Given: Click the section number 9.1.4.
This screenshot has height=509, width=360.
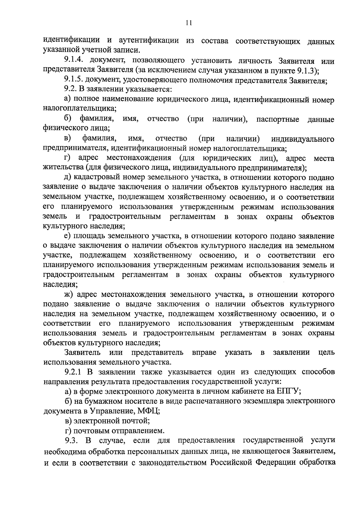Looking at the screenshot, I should click(75, 61).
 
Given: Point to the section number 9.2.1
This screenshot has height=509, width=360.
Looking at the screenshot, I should click(75, 372).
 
